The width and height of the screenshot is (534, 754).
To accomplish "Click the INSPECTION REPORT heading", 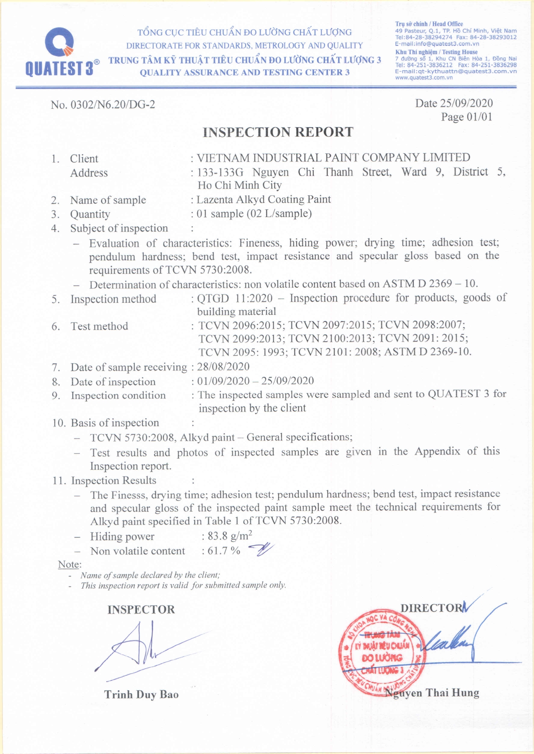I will [x=278, y=132].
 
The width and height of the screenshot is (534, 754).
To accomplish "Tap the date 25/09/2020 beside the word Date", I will [x=466, y=103].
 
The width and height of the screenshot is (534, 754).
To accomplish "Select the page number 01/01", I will [x=479, y=117].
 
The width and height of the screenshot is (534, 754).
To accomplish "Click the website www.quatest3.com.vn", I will [x=424, y=77].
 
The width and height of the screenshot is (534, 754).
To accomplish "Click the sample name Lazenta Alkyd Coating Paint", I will [x=264, y=200].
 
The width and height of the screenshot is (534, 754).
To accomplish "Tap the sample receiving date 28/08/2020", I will [x=223, y=367].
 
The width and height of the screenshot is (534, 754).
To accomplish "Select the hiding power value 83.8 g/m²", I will [x=230, y=536].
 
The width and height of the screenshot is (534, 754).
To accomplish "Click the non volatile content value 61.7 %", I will [x=224, y=551].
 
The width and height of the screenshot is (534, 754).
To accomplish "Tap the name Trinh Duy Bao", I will [x=141, y=694].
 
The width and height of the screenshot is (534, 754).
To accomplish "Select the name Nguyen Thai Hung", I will [x=432, y=693].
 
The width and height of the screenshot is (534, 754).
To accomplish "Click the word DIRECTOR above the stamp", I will [x=432, y=608].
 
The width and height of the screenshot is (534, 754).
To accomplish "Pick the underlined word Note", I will [x=69, y=564].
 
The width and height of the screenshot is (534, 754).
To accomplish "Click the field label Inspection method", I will [x=113, y=299].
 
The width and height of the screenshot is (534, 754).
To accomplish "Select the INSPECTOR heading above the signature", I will [x=141, y=610].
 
